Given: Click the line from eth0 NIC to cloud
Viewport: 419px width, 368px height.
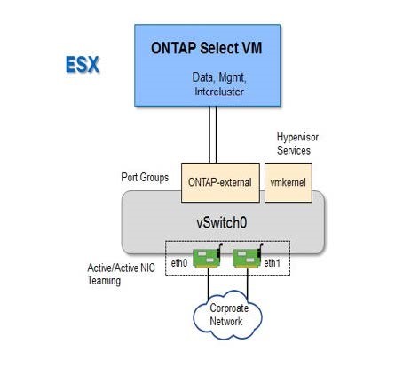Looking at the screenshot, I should click(209, 284).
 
